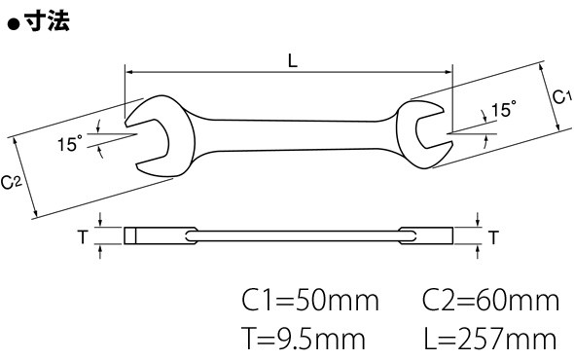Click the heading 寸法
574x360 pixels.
[47, 20]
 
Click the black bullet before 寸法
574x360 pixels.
[14, 24]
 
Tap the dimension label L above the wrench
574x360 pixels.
[293, 60]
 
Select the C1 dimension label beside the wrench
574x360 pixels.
[561, 96]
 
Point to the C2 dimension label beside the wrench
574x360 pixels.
[12, 182]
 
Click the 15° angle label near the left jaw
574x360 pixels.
[70, 143]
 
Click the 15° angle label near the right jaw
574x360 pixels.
[504, 109]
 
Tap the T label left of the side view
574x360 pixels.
[83, 237]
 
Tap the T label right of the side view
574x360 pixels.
[493, 237]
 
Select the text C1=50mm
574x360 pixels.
[310, 301]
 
